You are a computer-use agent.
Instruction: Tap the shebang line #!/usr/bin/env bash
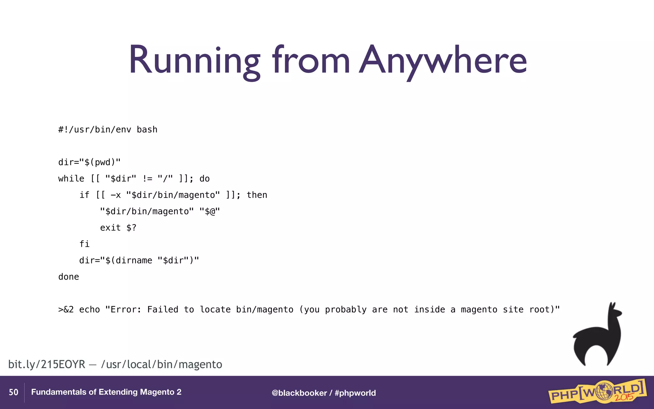[x=108, y=129]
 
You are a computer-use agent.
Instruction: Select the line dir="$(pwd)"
[x=89, y=162]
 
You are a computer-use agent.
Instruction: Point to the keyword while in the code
[x=71, y=179]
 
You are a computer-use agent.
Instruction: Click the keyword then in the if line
[x=257, y=195]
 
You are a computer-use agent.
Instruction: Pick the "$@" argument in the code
[x=209, y=212]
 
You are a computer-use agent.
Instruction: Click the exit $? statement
[x=118, y=228]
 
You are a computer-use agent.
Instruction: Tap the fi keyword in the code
[x=84, y=244]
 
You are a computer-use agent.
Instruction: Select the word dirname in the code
[x=134, y=260]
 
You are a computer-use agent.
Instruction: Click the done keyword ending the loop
[x=68, y=277]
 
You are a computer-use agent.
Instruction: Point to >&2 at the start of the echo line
[x=66, y=310]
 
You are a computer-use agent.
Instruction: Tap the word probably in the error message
[x=346, y=310]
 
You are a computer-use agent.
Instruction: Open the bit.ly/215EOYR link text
[x=47, y=364]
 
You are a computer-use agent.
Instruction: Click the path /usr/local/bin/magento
[x=162, y=364]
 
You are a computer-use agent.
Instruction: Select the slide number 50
[x=13, y=392]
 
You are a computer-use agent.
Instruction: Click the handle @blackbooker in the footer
[x=299, y=393]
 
